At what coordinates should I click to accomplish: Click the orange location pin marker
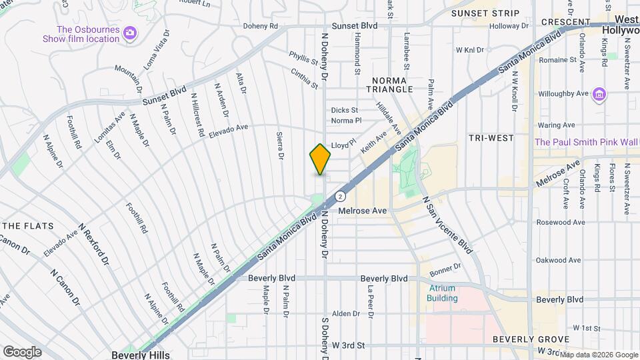320,159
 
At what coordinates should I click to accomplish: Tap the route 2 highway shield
340,196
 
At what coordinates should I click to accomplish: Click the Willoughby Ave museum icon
599,94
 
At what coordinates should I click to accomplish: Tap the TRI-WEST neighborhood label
491,138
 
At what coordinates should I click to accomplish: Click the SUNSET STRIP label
485,13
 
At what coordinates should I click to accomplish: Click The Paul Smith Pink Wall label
586,142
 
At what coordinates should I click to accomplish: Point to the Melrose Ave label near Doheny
362,211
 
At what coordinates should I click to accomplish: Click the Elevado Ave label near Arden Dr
228,127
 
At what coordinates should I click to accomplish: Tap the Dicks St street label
345,110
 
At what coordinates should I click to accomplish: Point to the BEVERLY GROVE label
531,339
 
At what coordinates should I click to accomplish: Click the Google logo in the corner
21,351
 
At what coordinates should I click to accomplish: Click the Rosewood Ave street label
561,222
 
